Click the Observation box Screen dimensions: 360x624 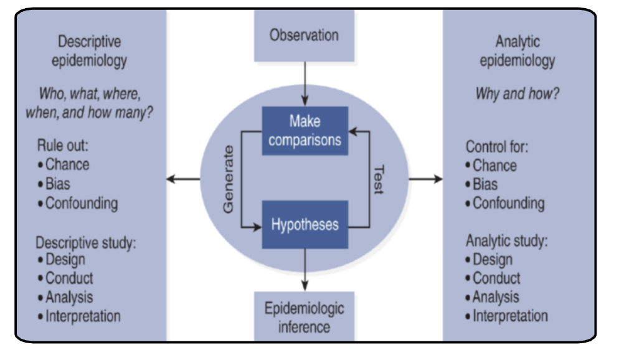point(304,35)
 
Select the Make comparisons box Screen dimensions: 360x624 point(305,130)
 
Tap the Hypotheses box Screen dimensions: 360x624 point(305,224)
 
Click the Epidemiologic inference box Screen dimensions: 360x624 point(305,316)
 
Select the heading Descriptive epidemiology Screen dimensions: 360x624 point(89,51)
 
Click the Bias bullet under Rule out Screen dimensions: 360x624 point(57,184)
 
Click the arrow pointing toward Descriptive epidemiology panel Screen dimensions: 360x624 point(184,179)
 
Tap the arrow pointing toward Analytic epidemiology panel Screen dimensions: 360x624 point(426,179)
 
